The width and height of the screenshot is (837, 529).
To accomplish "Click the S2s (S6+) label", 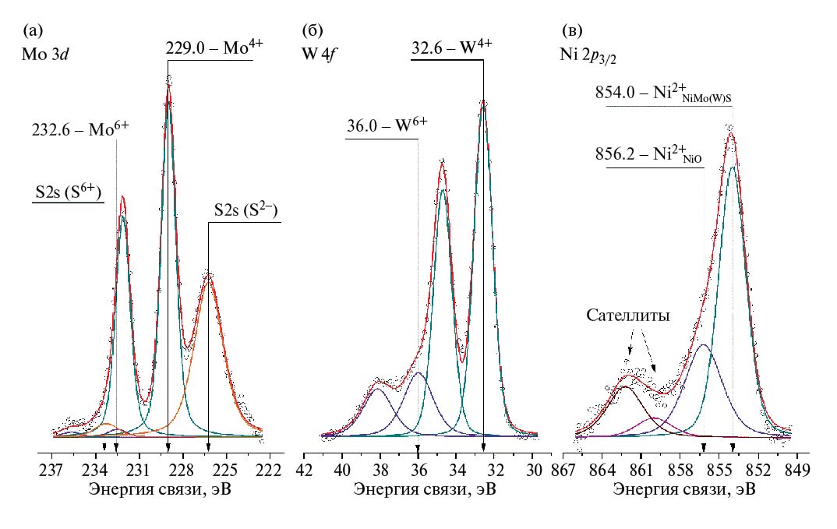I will (x=68, y=193).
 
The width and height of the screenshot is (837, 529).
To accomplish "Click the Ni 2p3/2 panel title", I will (x=594, y=58).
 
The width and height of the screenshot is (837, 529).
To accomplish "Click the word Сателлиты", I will (x=629, y=315).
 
